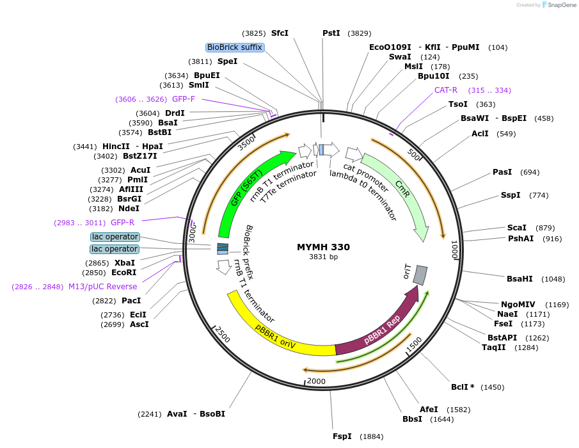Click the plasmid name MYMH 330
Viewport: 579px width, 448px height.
coord(323,247)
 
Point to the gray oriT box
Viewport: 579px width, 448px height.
coord(420,275)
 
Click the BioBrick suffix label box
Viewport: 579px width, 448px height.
coord(234,47)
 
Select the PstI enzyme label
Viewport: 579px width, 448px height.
coord(331,33)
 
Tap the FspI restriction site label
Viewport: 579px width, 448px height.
coord(342,436)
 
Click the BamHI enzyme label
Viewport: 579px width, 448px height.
coord(520,279)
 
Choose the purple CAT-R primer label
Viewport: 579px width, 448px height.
coord(446,90)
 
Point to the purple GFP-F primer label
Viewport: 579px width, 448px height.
coord(184,99)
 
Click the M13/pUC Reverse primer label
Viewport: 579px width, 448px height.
coord(102,286)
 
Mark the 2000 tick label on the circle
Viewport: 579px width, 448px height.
coord(316,381)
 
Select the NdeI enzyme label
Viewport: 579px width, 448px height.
coord(129,208)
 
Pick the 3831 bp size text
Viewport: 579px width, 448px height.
coord(323,257)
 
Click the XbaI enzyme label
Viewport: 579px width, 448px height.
coord(125,263)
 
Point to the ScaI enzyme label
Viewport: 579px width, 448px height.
coord(517,228)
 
